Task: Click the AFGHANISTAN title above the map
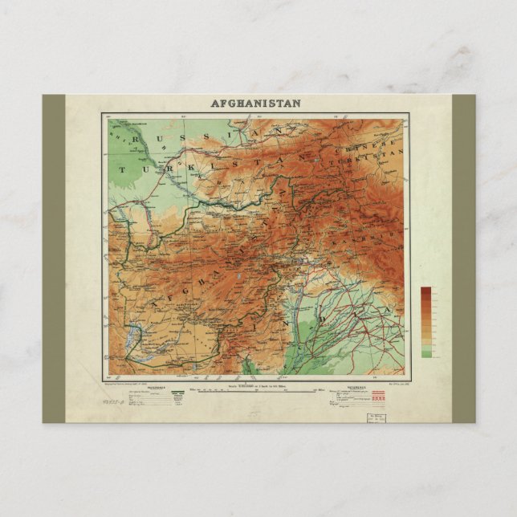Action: point(256,103)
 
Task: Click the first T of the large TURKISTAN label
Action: point(123,169)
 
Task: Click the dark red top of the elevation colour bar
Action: point(425,291)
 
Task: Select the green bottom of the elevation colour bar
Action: point(425,353)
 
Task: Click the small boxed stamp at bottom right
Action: point(376,417)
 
